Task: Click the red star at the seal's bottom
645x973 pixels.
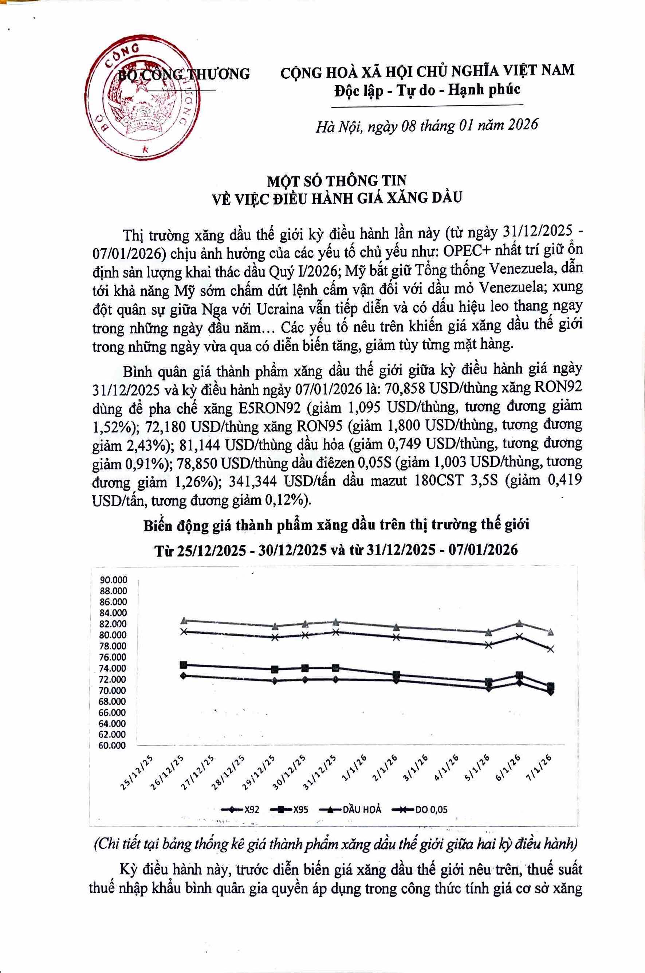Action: click(144, 150)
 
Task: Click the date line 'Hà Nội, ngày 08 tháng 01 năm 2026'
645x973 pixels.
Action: click(426, 125)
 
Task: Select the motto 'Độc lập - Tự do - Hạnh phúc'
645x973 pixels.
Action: click(427, 89)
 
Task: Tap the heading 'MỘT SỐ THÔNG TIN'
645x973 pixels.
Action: click(337, 180)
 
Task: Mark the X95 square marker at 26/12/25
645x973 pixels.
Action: click(184, 665)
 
